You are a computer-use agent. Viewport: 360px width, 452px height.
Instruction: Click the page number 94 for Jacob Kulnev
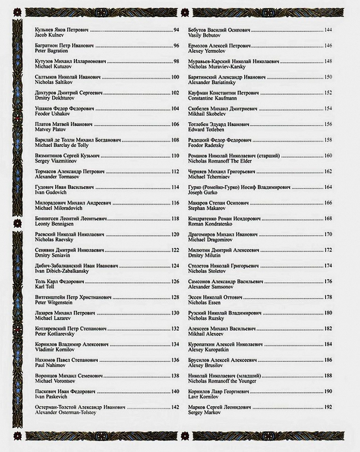176,29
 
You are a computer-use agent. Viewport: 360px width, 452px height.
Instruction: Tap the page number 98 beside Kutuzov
176,61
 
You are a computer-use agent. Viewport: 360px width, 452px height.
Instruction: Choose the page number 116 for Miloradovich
175,203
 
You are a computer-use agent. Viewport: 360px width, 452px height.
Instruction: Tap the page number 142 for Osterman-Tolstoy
175,407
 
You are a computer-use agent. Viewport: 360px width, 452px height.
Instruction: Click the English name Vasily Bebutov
205,35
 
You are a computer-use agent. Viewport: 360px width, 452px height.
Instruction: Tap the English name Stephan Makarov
208,208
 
